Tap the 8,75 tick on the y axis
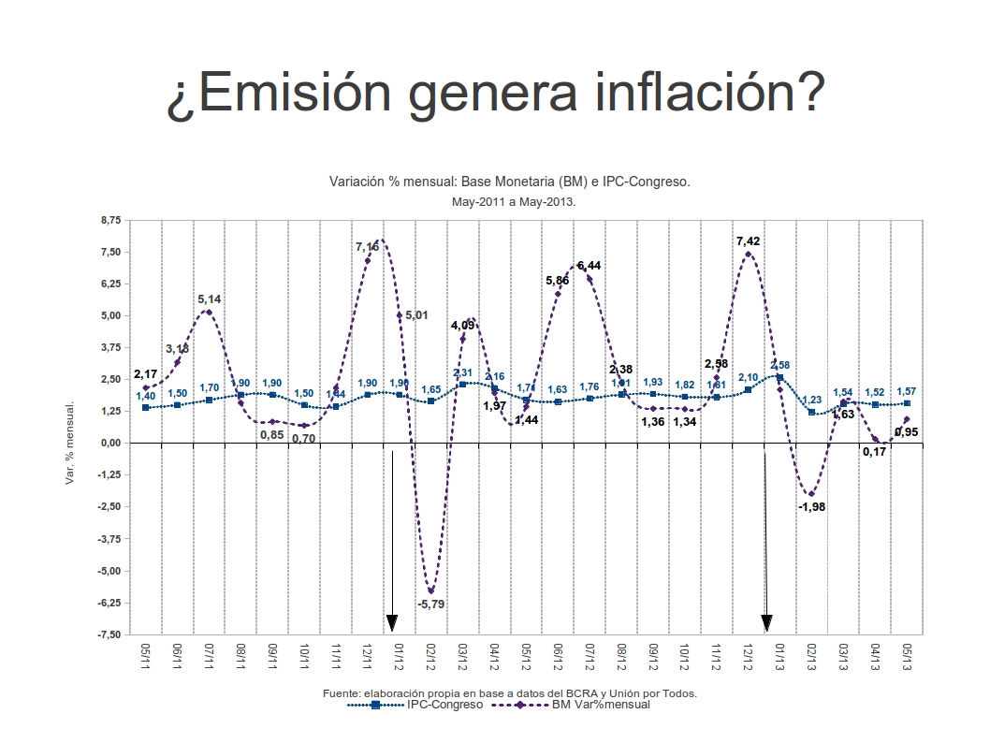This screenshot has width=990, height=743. coord(109,220)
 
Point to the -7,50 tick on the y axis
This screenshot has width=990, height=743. coord(108,634)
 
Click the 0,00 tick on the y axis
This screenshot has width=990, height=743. coord(110,443)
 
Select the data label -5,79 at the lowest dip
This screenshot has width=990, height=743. coord(431,605)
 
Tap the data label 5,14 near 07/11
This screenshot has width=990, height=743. coord(210,299)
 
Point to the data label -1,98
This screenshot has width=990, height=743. coord(811,506)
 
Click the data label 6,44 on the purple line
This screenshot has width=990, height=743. coord(590,266)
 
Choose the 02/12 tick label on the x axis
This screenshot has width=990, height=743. coord(431,655)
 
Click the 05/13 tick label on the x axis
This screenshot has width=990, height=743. coord(906,655)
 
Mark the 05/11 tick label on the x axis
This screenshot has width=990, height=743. coord(146,655)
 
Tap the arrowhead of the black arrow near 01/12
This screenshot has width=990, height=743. coord(392,624)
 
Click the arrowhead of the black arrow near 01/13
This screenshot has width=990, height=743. coord(766,624)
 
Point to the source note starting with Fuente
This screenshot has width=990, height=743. coord(509,693)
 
